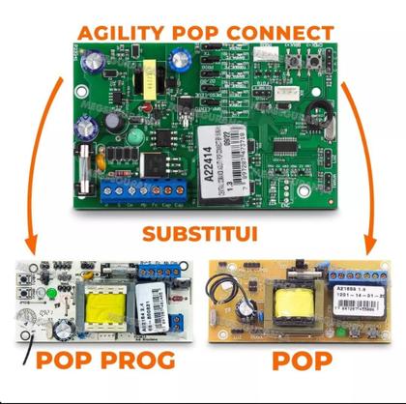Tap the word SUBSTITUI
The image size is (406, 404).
(x=203, y=232)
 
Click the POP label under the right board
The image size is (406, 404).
(x=301, y=361)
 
